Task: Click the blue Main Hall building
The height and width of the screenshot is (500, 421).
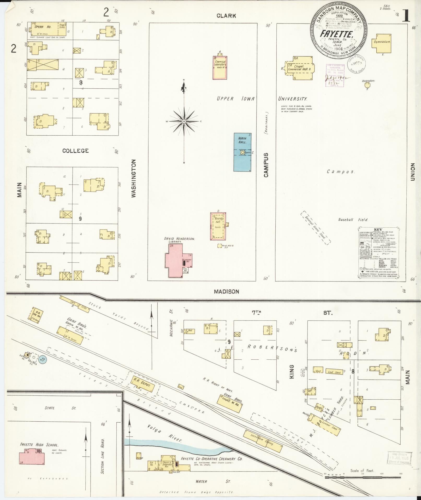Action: click(x=242, y=152)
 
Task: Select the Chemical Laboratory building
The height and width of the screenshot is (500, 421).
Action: click(x=220, y=67)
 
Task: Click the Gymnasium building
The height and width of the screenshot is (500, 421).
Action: click(x=382, y=43)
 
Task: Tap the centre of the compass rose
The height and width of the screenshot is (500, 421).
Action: click(x=184, y=122)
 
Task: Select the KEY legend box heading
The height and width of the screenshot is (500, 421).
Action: click(x=378, y=229)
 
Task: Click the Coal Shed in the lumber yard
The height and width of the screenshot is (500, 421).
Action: click(x=334, y=372)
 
